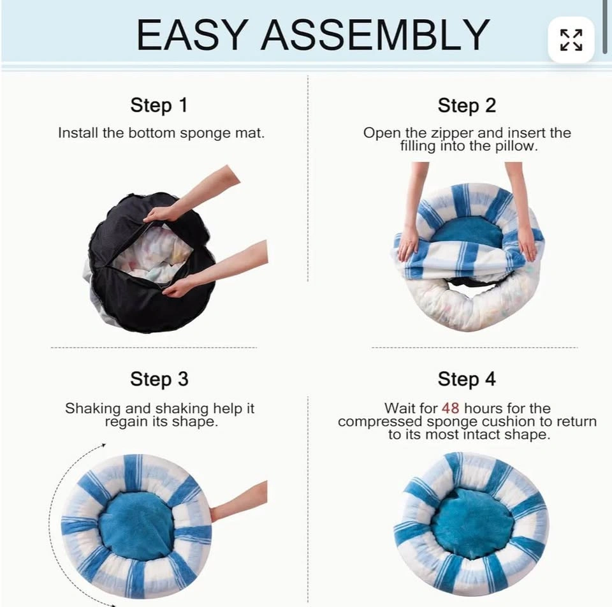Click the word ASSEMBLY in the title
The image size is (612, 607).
pyautogui.click(x=375, y=34)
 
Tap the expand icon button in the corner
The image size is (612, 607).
pyautogui.click(x=571, y=40)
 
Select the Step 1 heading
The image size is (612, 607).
pyautogui.click(x=159, y=105)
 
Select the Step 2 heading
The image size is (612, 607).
pyautogui.click(x=467, y=105)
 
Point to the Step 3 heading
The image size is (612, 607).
pyautogui.click(x=159, y=379)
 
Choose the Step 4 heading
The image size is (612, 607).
pyautogui.click(x=467, y=379)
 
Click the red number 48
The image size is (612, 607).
pyautogui.click(x=451, y=408)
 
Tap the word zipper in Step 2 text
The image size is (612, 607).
pyautogui.click(x=453, y=134)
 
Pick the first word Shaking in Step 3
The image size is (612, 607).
pyautogui.click(x=92, y=409)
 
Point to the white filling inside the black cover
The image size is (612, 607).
pyautogui.click(x=152, y=253)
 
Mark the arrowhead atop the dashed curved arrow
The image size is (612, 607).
pyautogui.click(x=103, y=445)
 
